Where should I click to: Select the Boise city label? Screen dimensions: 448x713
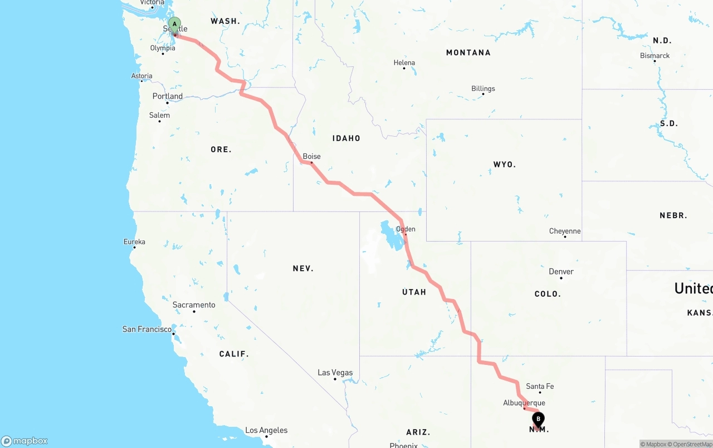click(x=311, y=156)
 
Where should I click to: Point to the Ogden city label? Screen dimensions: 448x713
click(x=406, y=229)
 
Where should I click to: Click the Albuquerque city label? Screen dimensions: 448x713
click(x=524, y=403)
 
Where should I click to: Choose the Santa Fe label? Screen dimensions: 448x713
click(x=540, y=386)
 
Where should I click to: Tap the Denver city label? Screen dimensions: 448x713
click(x=561, y=272)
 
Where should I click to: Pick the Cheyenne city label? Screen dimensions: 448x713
click(x=565, y=231)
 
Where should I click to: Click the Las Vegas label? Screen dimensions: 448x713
click(x=335, y=372)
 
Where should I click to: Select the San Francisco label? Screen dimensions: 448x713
click(x=147, y=329)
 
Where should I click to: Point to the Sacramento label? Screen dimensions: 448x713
click(x=194, y=305)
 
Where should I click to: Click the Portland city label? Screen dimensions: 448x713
click(x=168, y=96)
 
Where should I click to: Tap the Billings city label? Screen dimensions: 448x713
click(x=483, y=88)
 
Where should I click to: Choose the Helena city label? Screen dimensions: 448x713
click(x=404, y=62)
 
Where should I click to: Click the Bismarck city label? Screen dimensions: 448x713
click(x=655, y=55)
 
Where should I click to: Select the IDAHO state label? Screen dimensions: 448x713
click(x=346, y=138)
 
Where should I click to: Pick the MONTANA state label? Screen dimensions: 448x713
click(x=468, y=52)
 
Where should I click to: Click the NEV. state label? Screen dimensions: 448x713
click(x=303, y=268)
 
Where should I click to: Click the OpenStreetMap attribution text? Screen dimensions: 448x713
click(x=692, y=444)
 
